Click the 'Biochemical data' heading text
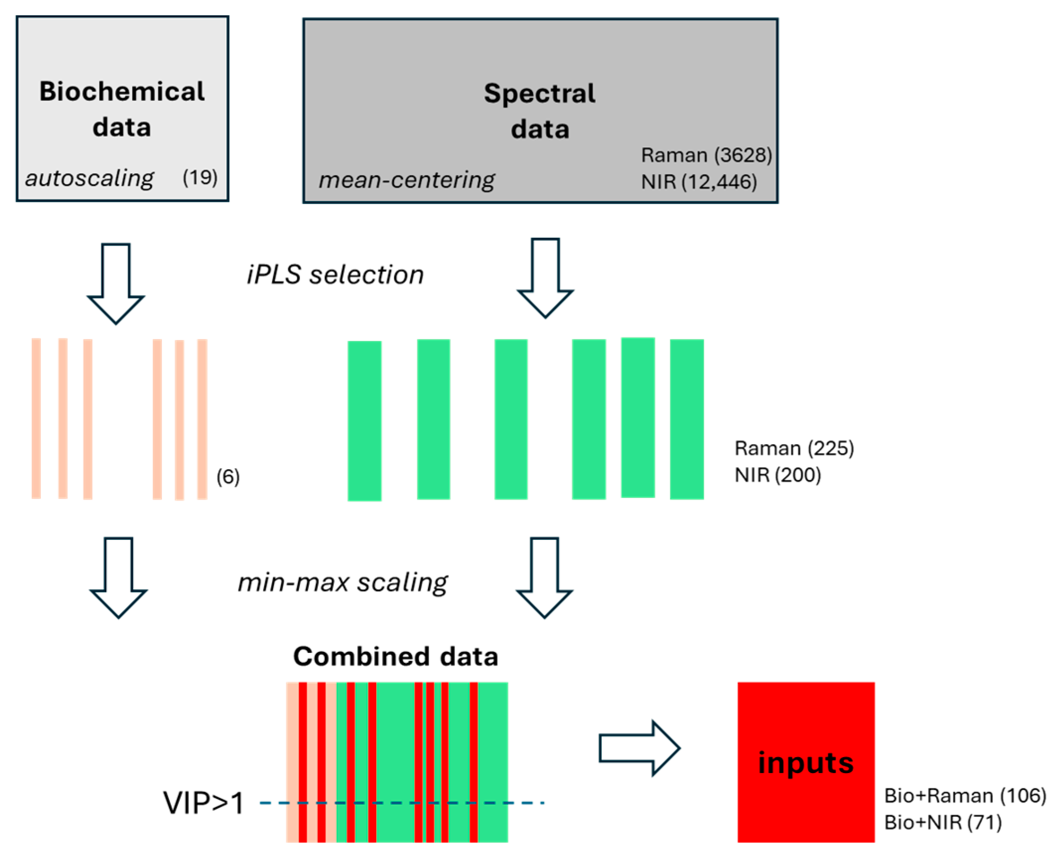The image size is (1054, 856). click(x=122, y=109)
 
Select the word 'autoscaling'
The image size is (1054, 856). click(x=89, y=178)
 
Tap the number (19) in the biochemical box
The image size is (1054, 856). click(x=200, y=177)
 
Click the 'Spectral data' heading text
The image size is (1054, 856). click(x=540, y=111)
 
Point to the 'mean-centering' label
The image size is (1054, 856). click(x=406, y=180)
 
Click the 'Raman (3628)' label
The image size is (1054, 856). click(x=706, y=155)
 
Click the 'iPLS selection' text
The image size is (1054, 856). click(x=335, y=275)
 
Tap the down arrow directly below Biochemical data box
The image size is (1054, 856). click(x=116, y=283)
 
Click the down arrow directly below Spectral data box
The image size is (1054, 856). click(x=545, y=278)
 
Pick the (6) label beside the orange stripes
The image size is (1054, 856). click(x=228, y=477)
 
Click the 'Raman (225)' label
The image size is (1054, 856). click(x=794, y=448)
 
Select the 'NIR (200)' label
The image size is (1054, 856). click(x=778, y=475)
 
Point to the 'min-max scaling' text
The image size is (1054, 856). click(x=343, y=582)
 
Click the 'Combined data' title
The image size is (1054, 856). click(x=395, y=656)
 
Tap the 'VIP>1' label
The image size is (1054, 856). click(x=203, y=803)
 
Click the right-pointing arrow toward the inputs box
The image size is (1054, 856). click(x=639, y=748)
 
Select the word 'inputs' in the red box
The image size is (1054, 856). click(x=806, y=763)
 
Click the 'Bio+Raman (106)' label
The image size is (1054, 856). click(x=965, y=795)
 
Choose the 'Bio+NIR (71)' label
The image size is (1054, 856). click(x=943, y=823)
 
